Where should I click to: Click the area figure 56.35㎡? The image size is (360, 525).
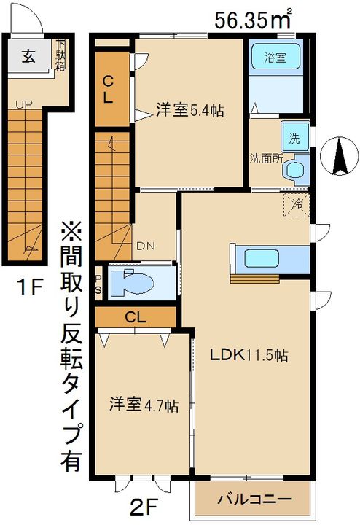coord(254,19)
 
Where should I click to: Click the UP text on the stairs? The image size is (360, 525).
coord(23,105)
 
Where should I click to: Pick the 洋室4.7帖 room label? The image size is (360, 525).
coord(144,405)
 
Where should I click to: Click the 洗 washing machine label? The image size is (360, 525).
coord(294,138)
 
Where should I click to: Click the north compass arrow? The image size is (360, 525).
coord(339,155)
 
